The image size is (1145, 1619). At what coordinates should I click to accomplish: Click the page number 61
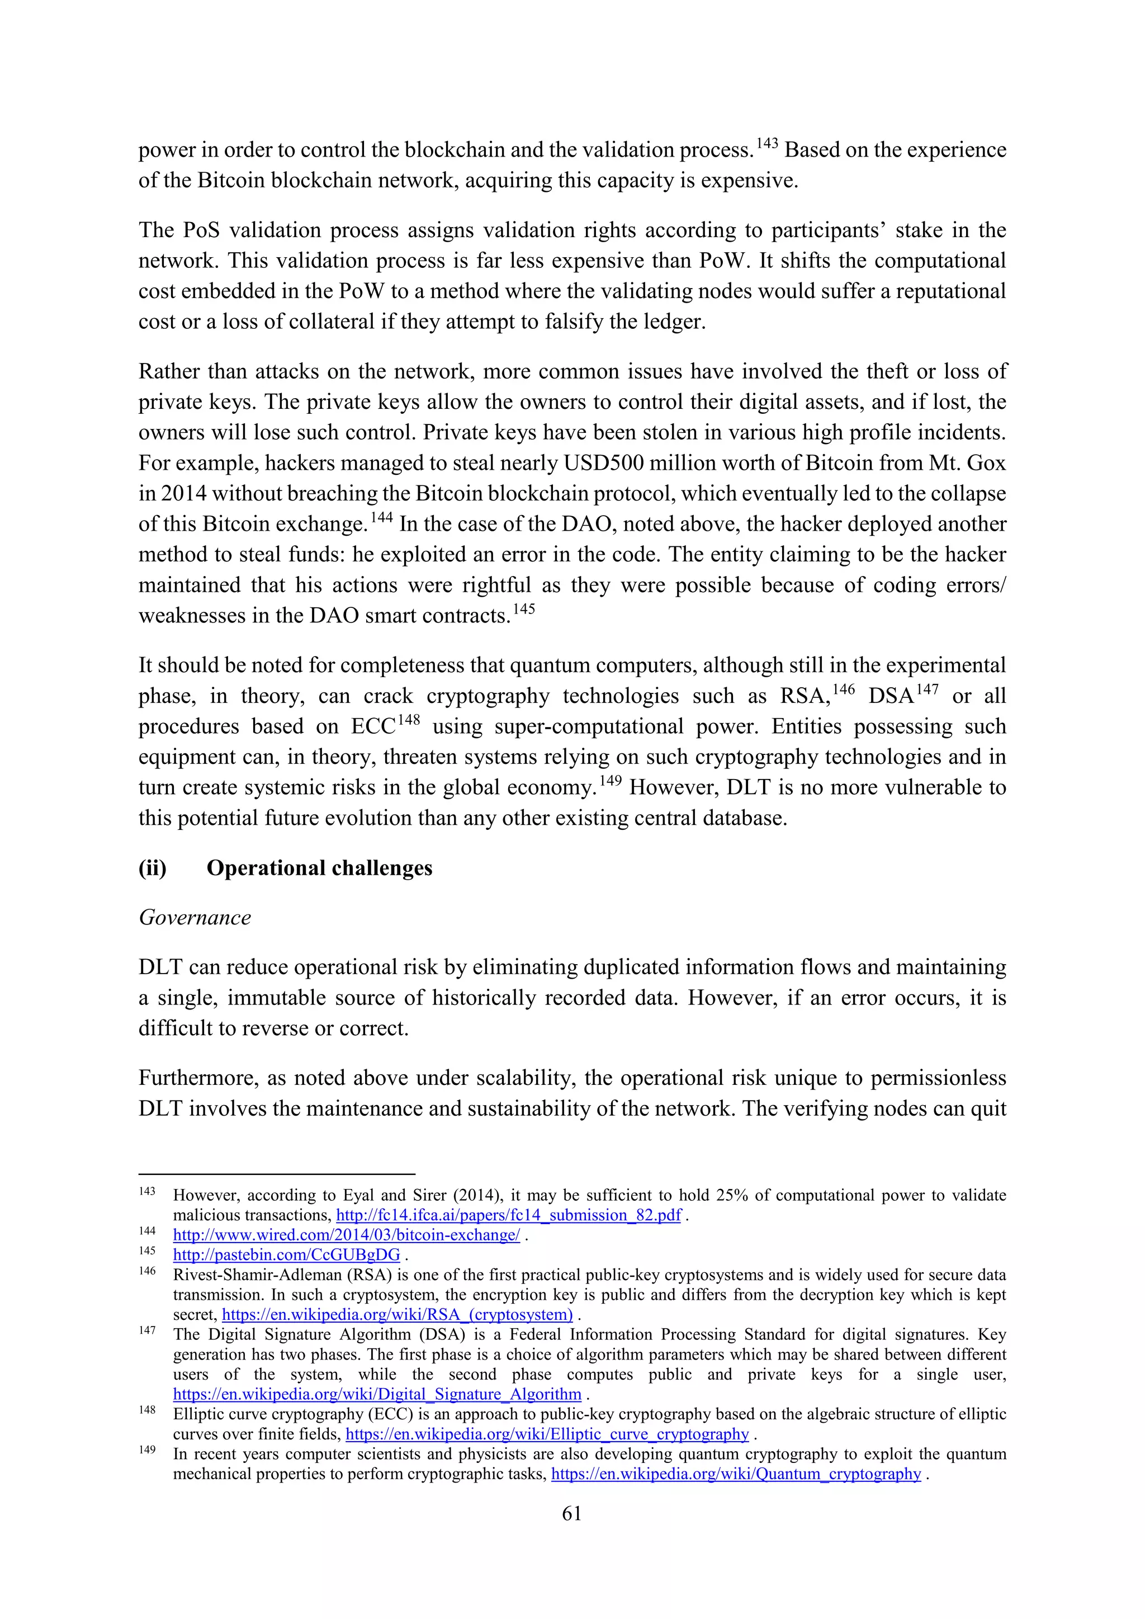572,1513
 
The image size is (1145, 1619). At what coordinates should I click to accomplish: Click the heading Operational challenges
319,868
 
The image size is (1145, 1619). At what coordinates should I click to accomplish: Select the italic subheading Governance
195,917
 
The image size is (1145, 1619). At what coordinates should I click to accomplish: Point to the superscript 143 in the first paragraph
767,144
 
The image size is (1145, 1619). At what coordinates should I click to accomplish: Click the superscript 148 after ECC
408,720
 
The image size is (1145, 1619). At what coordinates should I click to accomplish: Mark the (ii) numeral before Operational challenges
152,868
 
